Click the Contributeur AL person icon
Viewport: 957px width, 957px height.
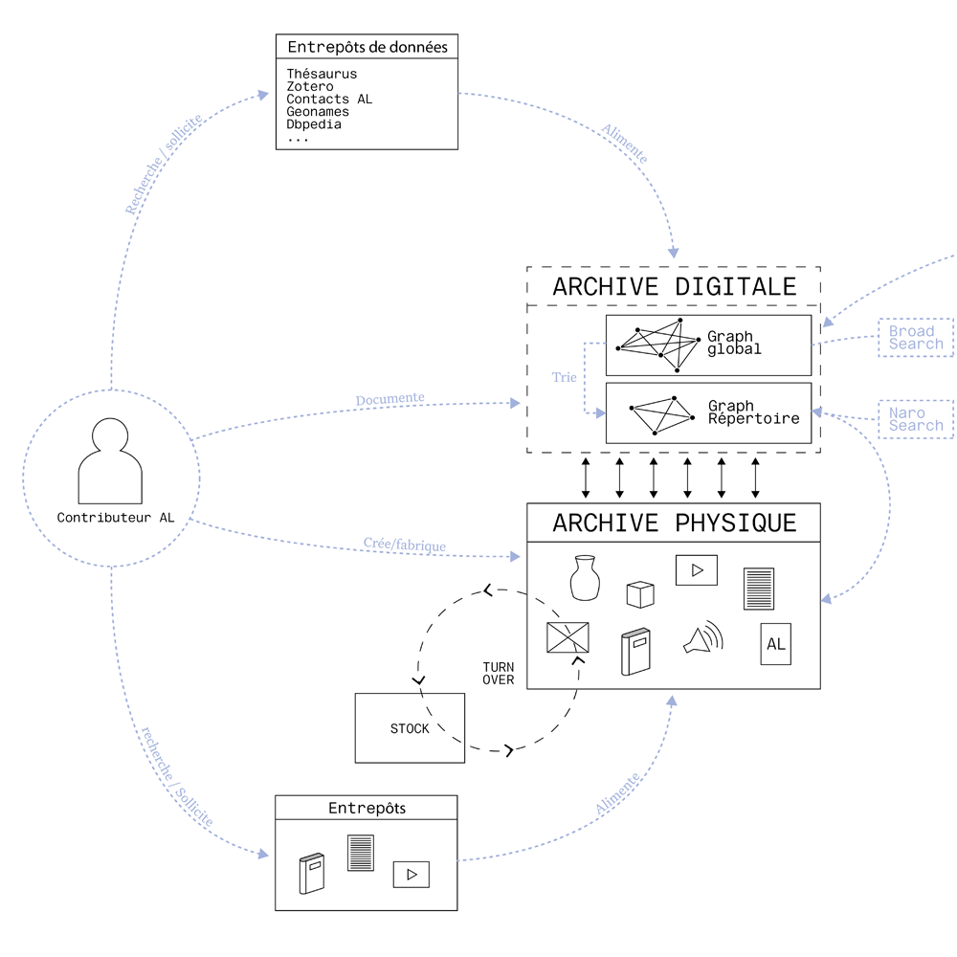(x=110, y=461)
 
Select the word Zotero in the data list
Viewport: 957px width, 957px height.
(x=310, y=87)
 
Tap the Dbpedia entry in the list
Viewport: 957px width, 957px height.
(x=314, y=124)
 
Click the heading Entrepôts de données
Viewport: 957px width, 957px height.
(x=367, y=47)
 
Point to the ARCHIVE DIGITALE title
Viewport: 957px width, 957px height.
(x=675, y=287)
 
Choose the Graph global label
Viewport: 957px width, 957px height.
(x=734, y=343)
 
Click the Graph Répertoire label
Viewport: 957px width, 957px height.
(x=754, y=412)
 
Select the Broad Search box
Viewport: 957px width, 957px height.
(x=916, y=338)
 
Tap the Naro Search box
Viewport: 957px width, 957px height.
(x=916, y=419)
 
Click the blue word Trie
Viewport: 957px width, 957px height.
(x=564, y=377)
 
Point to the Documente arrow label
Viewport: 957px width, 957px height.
(x=390, y=399)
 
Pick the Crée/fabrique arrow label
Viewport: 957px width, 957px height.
(x=405, y=544)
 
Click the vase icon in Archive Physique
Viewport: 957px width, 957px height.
(x=585, y=578)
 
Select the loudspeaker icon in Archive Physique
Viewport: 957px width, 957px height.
(x=703, y=636)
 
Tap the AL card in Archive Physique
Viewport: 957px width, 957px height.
(x=776, y=644)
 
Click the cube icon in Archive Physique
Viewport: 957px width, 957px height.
(x=640, y=594)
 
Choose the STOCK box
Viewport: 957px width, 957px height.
(x=410, y=728)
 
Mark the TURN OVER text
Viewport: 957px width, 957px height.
(x=499, y=674)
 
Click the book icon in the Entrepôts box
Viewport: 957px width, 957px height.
(x=312, y=874)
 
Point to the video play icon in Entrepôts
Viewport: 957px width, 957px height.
(x=412, y=875)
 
